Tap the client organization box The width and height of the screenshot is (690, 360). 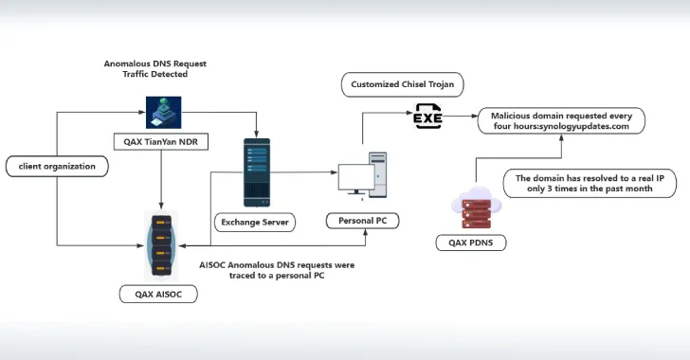pos(56,168)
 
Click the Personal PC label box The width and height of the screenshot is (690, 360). pos(362,221)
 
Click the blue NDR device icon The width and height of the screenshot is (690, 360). pos(157,111)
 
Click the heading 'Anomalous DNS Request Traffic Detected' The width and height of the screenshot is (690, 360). pos(154,69)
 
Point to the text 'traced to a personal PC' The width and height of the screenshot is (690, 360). pos(277,276)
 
